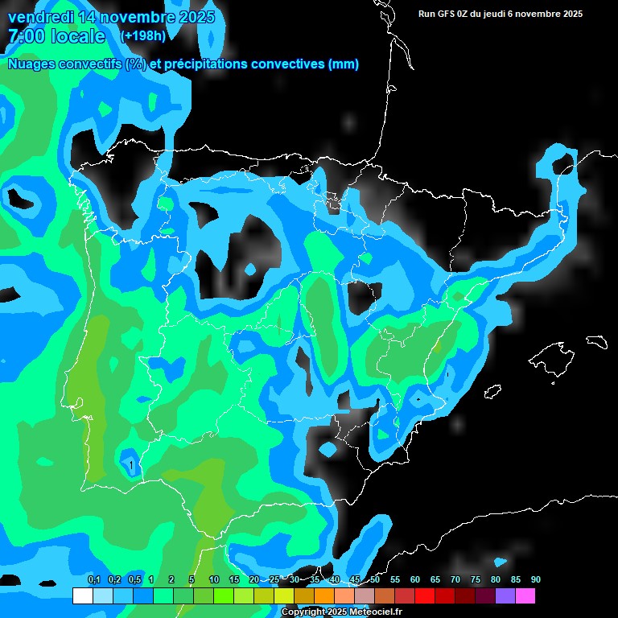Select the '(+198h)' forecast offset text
pos(142,36)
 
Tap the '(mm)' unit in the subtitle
pos(344,64)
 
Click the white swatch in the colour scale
pos(82,596)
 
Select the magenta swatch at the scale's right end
pos(525,596)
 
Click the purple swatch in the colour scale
pos(505,596)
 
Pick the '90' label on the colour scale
pos(535,580)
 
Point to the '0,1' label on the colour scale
pos(93,580)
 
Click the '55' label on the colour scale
pos(394,580)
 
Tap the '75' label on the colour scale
pos(475,580)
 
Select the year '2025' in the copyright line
pos(337,612)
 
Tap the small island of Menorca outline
pos(596,341)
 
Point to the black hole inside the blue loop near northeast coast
pos(564,162)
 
